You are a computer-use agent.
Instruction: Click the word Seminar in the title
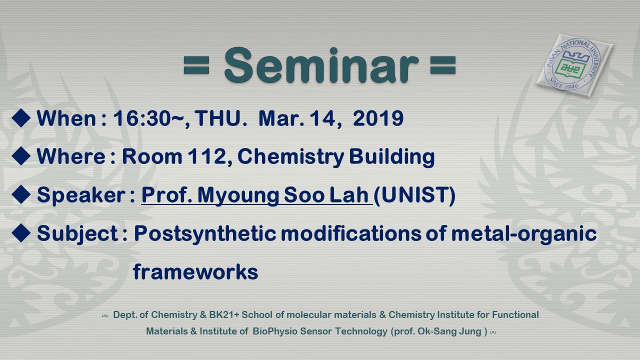click(321, 65)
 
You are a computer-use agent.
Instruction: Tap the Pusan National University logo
click(574, 65)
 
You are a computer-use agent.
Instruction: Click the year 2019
click(378, 118)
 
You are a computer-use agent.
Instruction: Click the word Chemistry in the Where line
click(290, 157)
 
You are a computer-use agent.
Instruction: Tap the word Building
click(391, 157)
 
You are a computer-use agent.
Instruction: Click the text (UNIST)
click(414, 195)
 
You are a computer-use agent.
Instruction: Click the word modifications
click(351, 233)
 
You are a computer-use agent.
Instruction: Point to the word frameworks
click(195, 271)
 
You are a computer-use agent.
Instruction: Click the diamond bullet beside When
click(21, 117)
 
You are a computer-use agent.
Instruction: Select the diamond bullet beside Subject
click(21, 233)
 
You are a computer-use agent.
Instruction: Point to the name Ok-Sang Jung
click(449, 331)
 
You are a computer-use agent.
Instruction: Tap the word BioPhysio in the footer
click(275, 331)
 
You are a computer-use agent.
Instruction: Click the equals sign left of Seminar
click(196, 65)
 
